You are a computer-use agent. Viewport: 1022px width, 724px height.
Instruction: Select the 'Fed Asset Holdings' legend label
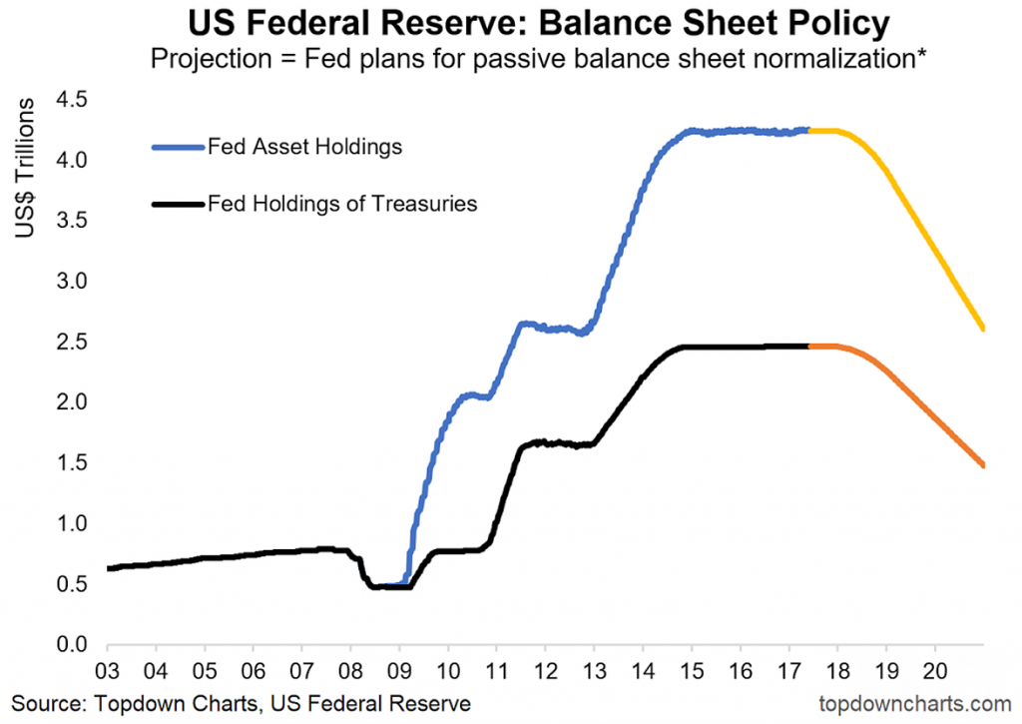click(x=304, y=147)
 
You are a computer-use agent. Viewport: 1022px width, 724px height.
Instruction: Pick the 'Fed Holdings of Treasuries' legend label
click(x=342, y=204)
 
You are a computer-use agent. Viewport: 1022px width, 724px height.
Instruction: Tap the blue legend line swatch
click(x=177, y=148)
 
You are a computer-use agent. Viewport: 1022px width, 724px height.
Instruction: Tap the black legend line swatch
click(x=177, y=205)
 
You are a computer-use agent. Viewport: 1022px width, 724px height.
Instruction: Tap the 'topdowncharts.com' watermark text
click(x=907, y=701)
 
